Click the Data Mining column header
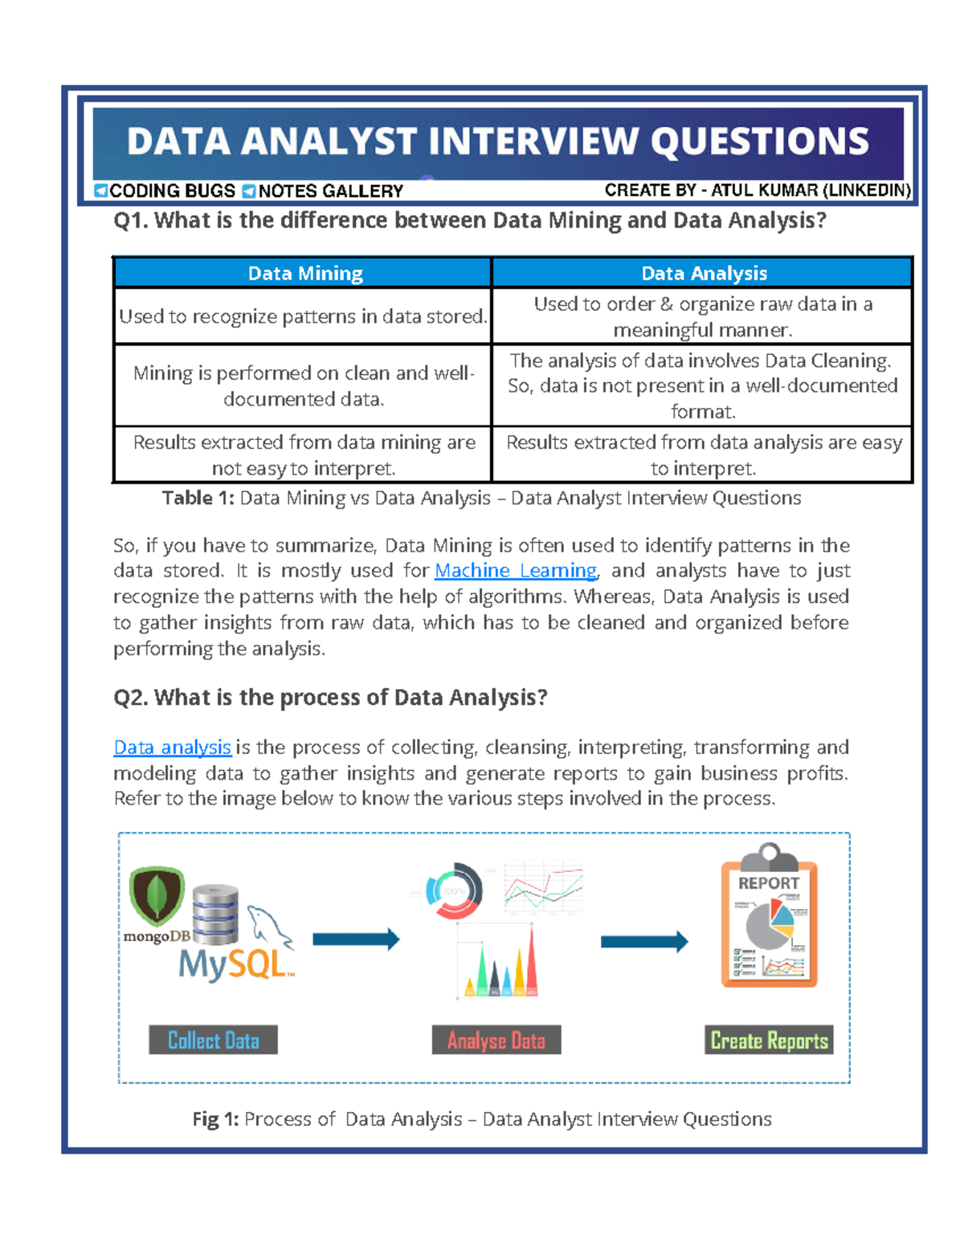tap(304, 274)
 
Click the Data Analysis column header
tap(703, 274)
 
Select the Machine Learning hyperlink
tap(516, 571)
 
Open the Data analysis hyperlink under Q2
tap(172, 748)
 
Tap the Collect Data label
tap(213, 1041)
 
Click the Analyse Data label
tap(496, 1041)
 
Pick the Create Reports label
tap(769, 1041)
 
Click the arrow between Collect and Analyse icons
tap(356, 939)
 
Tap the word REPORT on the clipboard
tap(768, 883)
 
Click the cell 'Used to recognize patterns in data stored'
tap(303, 317)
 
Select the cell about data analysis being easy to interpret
tap(703, 455)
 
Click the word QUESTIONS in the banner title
tap(759, 141)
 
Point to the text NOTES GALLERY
tap(330, 191)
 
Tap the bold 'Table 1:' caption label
tap(198, 499)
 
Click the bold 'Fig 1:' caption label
tap(215, 1119)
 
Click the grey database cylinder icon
tap(215, 915)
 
